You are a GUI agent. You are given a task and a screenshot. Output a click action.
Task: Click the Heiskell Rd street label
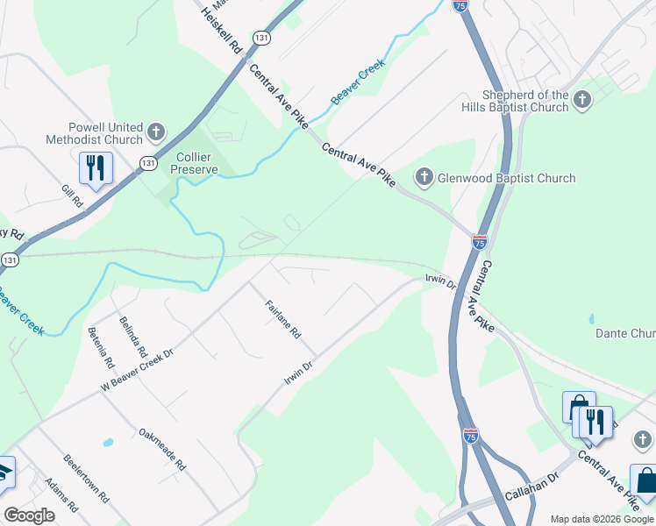[221, 29]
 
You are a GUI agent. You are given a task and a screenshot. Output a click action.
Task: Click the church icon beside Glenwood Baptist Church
[424, 178]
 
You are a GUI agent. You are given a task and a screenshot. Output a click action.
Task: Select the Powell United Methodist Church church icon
[156, 133]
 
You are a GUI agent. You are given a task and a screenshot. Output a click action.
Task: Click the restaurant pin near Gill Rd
[96, 167]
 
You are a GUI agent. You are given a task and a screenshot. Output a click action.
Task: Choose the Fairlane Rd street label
[283, 320]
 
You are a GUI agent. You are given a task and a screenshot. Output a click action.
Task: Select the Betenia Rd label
[100, 347]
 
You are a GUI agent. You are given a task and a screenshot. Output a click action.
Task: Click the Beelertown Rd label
[85, 479]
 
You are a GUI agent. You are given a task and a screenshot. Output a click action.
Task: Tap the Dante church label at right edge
[625, 333]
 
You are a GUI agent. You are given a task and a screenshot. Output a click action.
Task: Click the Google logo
[29, 515]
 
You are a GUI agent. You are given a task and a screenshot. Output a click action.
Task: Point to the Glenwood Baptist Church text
[508, 178]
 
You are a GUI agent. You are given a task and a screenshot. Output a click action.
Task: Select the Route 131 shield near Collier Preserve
[148, 163]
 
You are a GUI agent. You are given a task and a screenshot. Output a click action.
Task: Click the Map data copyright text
[601, 518]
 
